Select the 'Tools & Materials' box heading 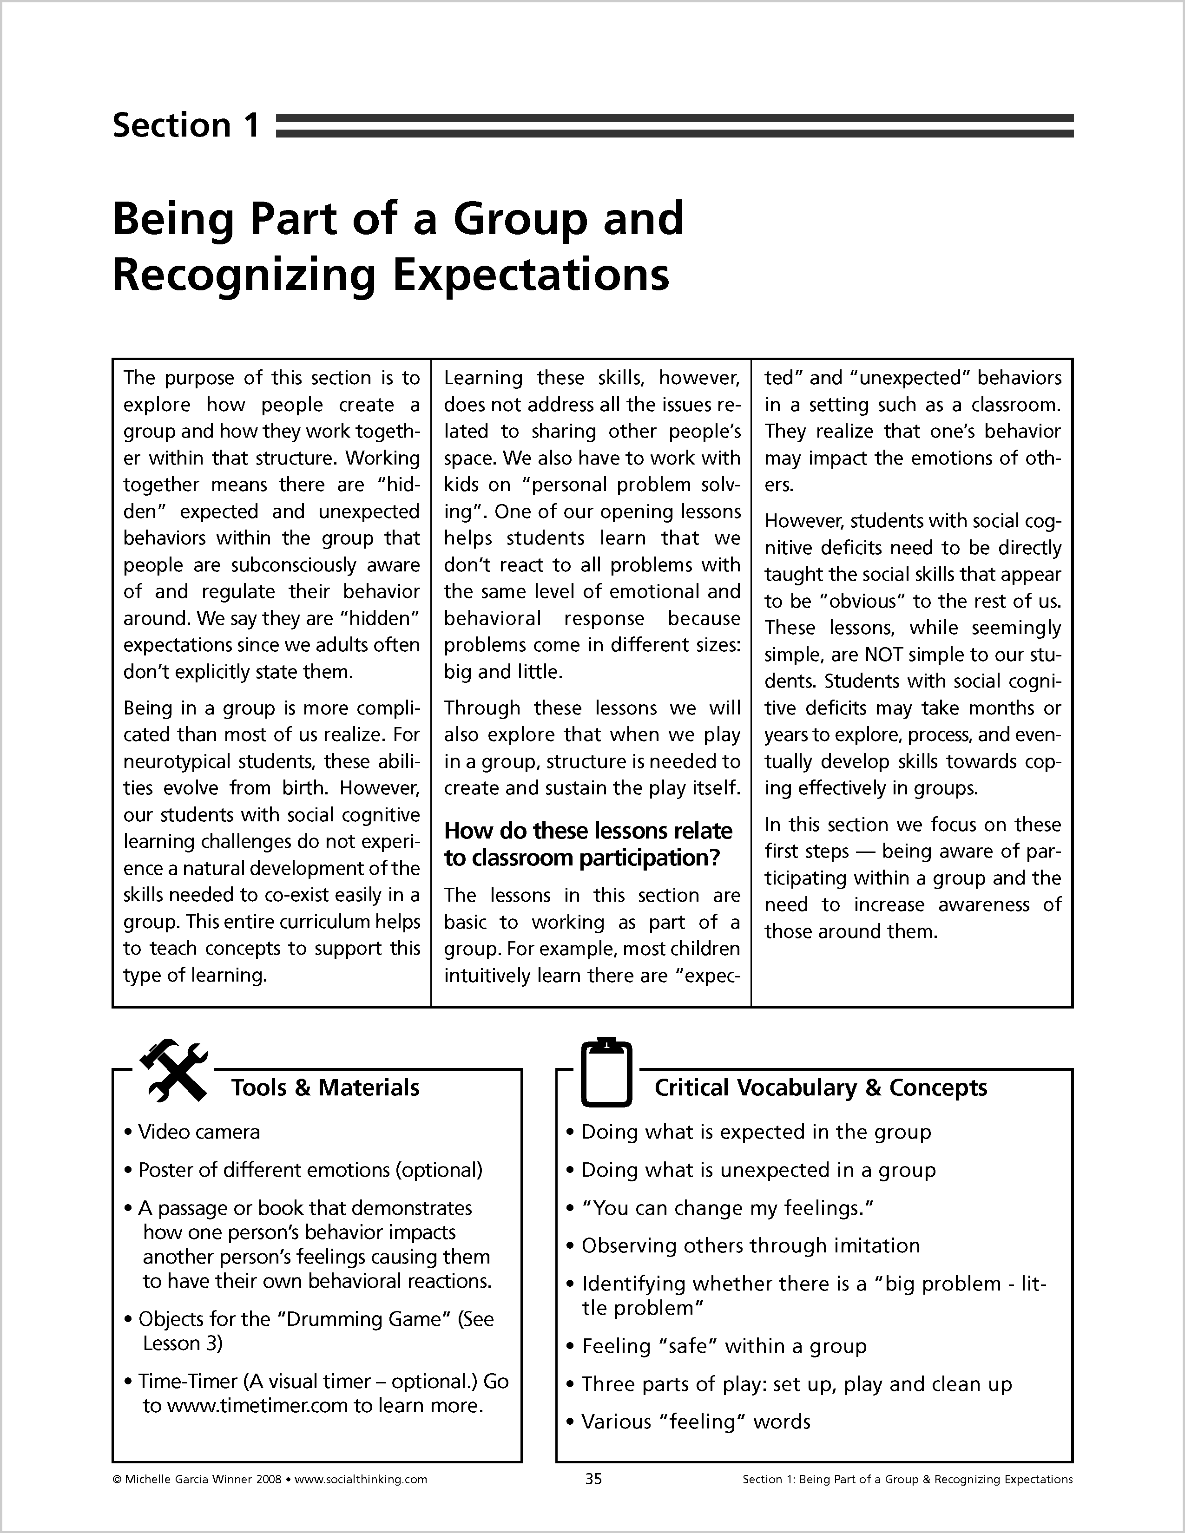[325, 1088]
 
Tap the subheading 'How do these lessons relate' [587, 831]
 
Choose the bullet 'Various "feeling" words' [696, 1422]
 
